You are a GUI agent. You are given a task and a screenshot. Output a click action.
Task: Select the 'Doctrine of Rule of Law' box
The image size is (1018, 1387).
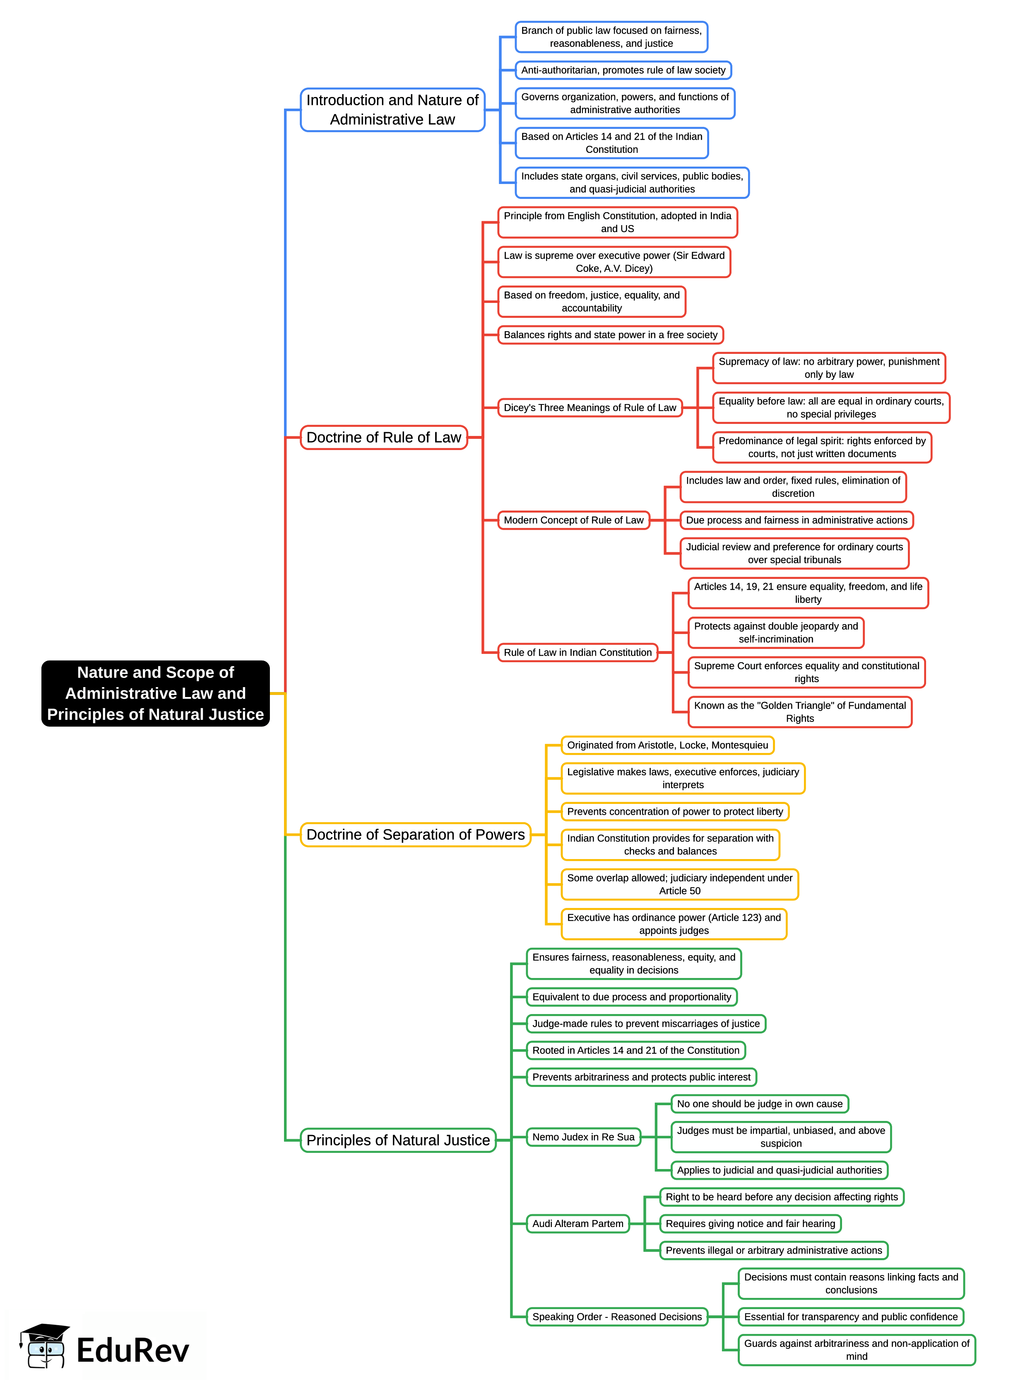(383, 437)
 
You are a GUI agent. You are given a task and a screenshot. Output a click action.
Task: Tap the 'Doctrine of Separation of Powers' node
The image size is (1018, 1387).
(415, 835)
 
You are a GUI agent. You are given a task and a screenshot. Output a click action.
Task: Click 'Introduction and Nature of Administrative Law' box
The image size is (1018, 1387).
(392, 110)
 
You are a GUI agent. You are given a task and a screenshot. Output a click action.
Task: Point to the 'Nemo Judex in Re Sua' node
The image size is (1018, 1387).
(583, 1137)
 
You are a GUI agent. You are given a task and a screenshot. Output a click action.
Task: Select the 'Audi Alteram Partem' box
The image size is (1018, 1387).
(578, 1224)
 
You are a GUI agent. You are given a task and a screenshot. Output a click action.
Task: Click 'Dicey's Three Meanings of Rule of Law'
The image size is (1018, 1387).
(590, 408)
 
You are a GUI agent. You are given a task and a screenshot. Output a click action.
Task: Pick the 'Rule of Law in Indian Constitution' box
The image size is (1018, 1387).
(578, 653)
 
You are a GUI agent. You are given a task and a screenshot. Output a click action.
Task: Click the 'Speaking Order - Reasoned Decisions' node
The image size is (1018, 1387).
(617, 1317)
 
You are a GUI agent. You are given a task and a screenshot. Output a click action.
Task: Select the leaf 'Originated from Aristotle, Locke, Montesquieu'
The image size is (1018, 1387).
(667, 745)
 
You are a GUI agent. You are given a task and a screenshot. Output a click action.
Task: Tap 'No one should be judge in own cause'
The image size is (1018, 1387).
(759, 1104)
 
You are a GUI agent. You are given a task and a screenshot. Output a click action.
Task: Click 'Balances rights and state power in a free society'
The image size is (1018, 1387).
(610, 335)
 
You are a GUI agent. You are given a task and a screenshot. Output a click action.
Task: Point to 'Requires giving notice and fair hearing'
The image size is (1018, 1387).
(750, 1224)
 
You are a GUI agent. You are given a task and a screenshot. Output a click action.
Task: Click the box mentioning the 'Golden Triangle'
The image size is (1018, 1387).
(800, 712)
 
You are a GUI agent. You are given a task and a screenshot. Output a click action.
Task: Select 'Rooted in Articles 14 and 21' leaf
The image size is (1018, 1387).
(635, 1050)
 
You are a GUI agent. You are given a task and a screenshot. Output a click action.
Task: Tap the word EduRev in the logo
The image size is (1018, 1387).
(132, 1351)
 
